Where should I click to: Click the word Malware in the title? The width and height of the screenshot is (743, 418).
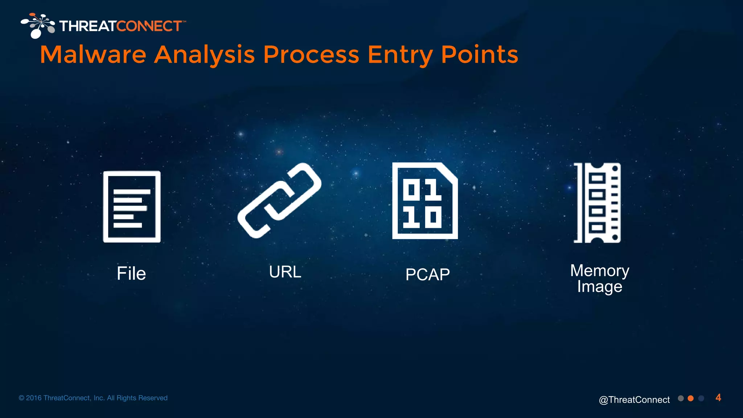click(x=93, y=55)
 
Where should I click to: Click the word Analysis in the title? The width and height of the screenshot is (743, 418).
click(x=204, y=55)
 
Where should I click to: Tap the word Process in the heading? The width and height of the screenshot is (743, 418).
click(x=311, y=55)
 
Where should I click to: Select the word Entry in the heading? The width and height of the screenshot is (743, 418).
click(x=400, y=55)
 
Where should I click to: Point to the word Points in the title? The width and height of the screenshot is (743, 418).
click(x=479, y=55)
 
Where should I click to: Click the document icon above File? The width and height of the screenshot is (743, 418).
click(x=132, y=206)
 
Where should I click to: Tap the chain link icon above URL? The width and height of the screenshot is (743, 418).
click(x=279, y=201)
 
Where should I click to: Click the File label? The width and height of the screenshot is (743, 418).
click(x=131, y=274)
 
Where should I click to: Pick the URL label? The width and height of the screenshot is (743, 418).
click(x=285, y=272)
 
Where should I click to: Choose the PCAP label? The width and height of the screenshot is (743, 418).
click(x=427, y=275)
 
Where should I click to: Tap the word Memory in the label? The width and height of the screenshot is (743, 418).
click(x=599, y=271)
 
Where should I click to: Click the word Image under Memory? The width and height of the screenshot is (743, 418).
click(x=599, y=287)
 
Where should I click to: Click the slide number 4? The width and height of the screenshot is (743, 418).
click(x=718, y=398)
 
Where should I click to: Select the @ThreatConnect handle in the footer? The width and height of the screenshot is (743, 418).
click(x=634, y=399)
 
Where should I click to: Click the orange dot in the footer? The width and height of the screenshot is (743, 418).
click(x=691, y=398)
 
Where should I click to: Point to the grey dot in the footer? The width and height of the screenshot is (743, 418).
click(x=681, y=398)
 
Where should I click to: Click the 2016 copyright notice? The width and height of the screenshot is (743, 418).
click(x=93, y=398)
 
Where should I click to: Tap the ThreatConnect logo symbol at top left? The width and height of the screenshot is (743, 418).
click(x=38, y=25)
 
